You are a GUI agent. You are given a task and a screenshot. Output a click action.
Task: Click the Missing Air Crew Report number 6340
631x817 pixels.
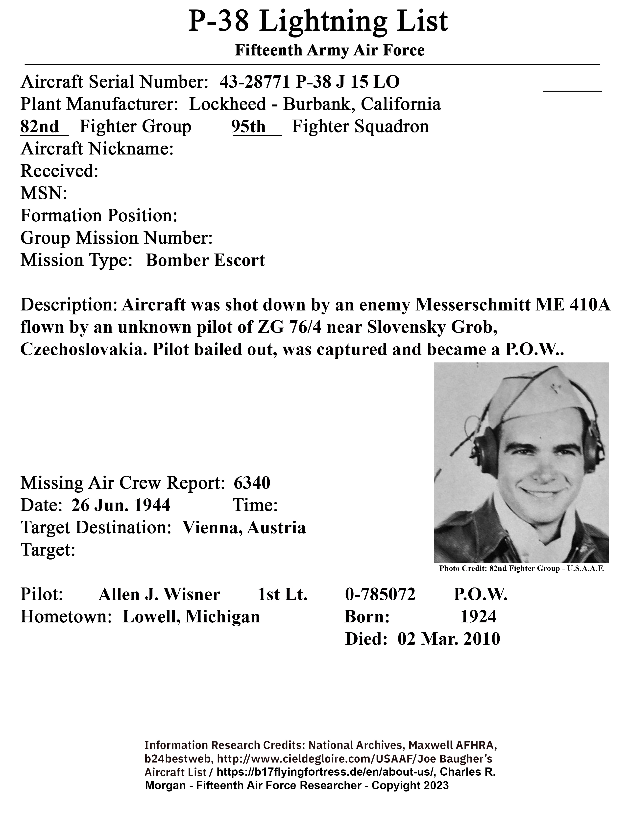coord(252,483)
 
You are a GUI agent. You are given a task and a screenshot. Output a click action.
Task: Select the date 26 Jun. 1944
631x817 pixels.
coord(121,505)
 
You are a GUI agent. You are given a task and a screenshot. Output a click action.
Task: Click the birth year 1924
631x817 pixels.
coord(478,616)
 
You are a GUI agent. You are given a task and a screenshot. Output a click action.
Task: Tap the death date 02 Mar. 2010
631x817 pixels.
coord(449,639)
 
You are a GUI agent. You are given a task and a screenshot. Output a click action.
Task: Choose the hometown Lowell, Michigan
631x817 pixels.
coord(191,616)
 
